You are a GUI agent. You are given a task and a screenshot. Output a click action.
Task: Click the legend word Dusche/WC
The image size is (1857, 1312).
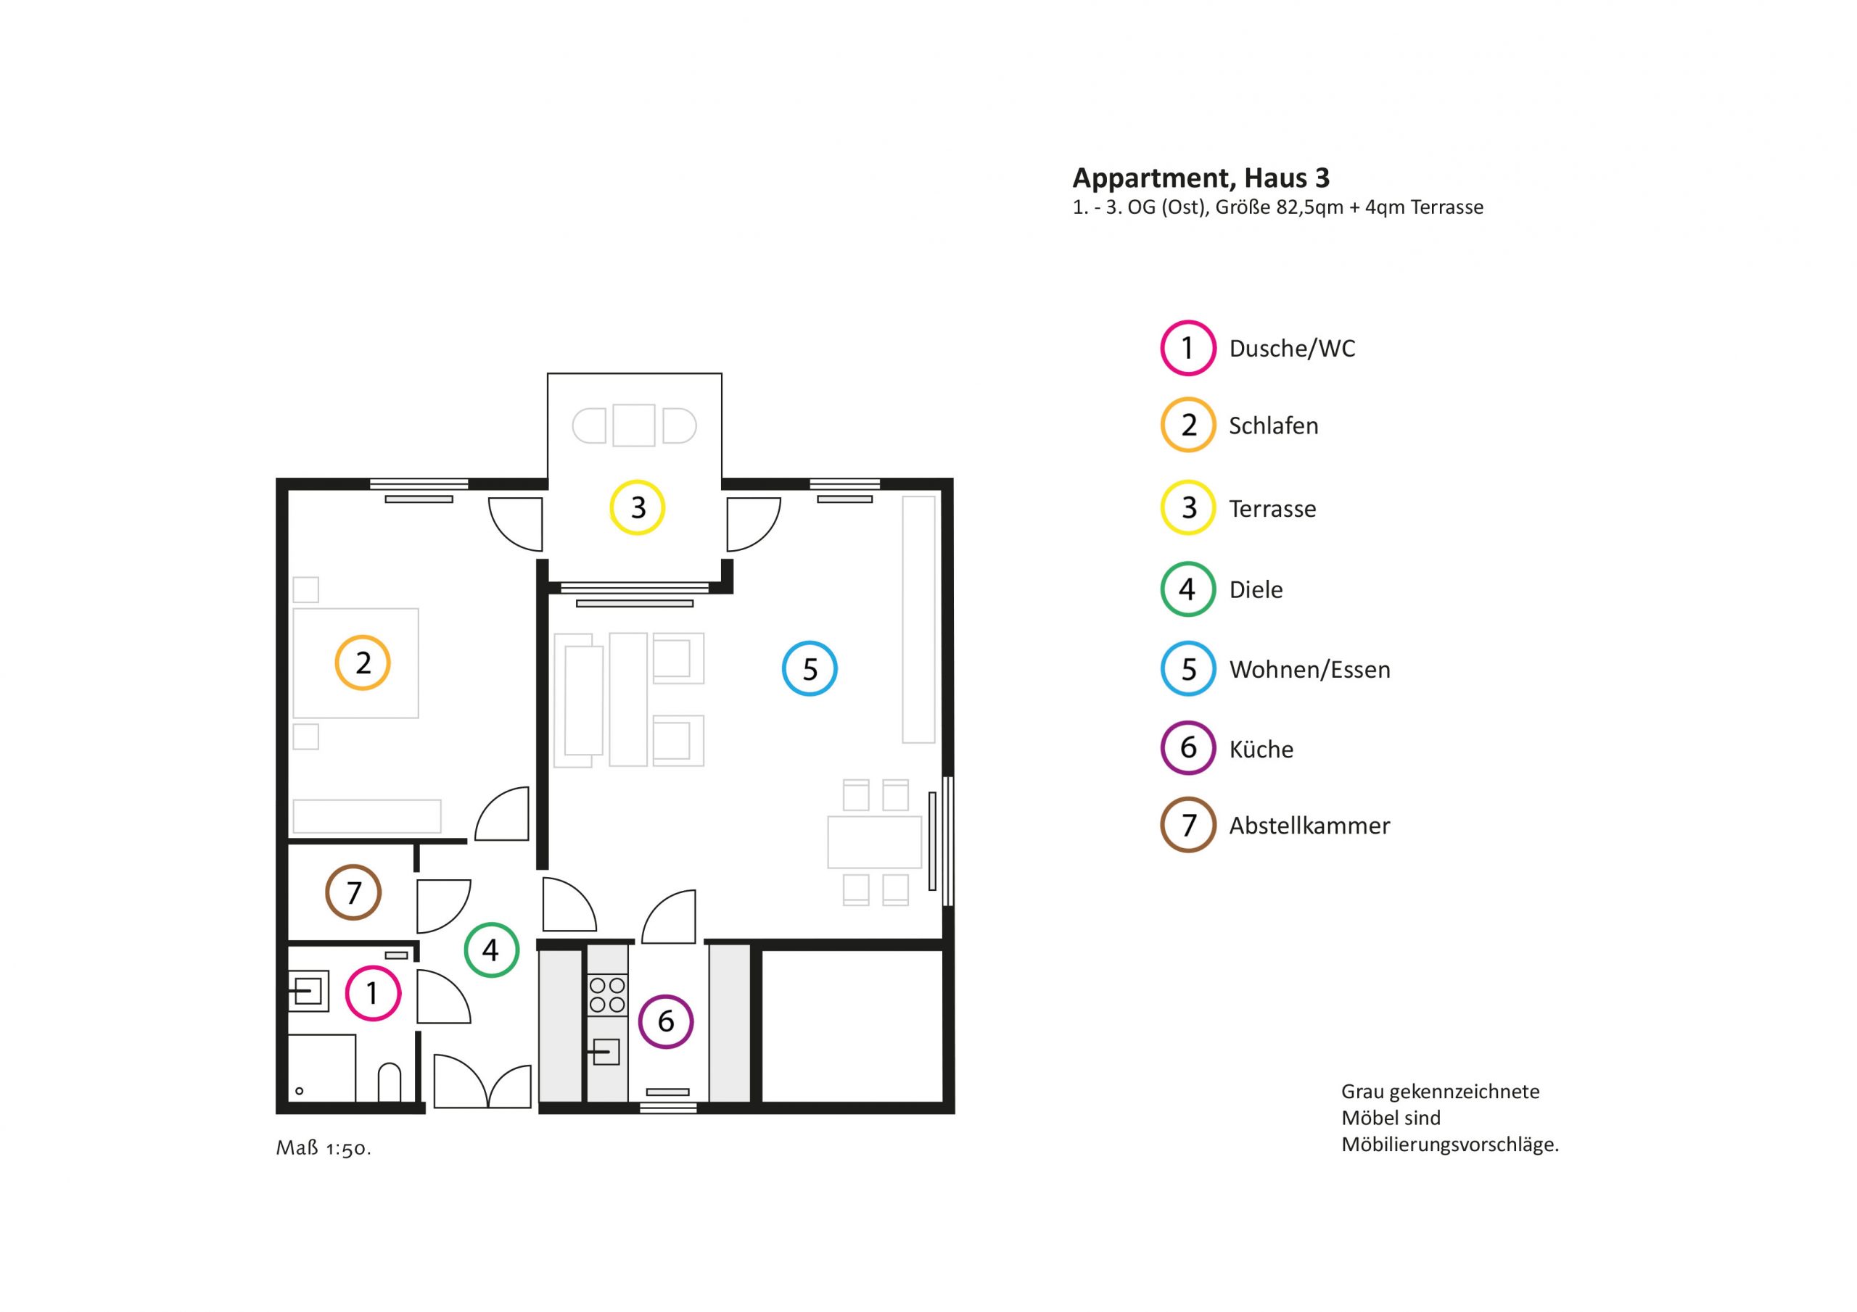(x=1292, y=349)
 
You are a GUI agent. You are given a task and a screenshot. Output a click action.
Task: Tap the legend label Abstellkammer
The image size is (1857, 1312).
(x=1309, y=826)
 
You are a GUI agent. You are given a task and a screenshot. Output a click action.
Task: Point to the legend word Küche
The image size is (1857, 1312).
(x=1261, y=749)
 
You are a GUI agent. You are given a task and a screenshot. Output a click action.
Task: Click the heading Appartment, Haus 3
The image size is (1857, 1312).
(x=1201, y=177)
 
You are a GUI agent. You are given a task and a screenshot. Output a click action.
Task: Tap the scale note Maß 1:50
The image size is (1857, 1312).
(x=324, y=1148)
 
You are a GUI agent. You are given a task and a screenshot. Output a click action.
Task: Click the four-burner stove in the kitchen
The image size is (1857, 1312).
(x=607, y=995)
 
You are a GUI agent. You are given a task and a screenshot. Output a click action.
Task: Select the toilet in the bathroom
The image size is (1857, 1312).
(x=389, y=1081)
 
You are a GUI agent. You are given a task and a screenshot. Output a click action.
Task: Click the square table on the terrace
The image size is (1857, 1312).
(x=633, y=425)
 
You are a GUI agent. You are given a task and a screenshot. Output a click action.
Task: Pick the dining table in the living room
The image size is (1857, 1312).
(x=874, y=842)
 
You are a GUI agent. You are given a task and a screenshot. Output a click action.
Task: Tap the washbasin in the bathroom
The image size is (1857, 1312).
(x=308, y=990)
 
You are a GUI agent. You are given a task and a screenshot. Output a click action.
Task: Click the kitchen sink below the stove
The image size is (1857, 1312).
(x=607, y=1051)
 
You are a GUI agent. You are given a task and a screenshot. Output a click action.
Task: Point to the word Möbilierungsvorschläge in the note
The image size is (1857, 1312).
(x=1449, y=1145)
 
